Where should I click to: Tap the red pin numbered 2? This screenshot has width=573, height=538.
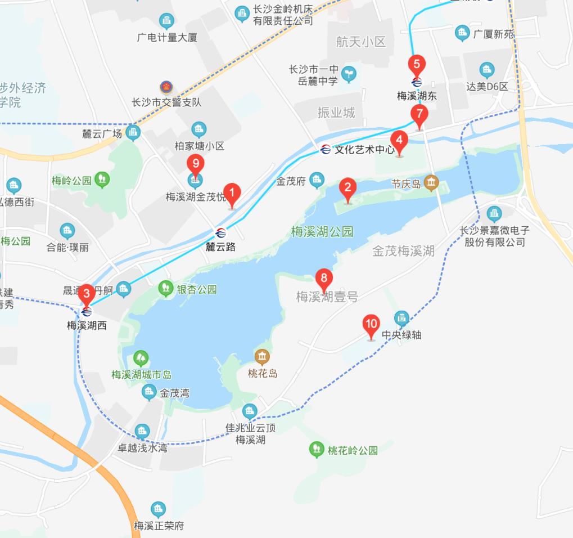[348, 190]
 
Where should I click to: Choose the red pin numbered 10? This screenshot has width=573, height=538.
[371, 326]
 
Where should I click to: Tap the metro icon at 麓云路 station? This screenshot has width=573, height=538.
[220, 233]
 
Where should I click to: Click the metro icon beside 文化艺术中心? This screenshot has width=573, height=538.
[326, 150]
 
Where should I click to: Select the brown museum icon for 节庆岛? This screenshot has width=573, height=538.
[431, 182]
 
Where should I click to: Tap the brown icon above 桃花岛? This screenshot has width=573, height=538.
[262, 357]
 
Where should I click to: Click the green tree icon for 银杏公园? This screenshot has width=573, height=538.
[165, 289]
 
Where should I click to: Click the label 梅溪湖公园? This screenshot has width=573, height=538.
[322, 231]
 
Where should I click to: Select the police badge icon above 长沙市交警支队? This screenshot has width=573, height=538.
[166, 87]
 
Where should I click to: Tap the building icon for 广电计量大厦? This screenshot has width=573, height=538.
[166, 22]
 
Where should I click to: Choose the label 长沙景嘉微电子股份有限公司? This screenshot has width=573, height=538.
[494, 236]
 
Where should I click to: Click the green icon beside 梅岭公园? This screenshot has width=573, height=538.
[102, 180]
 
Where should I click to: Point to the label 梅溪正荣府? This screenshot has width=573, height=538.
[159, 526]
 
